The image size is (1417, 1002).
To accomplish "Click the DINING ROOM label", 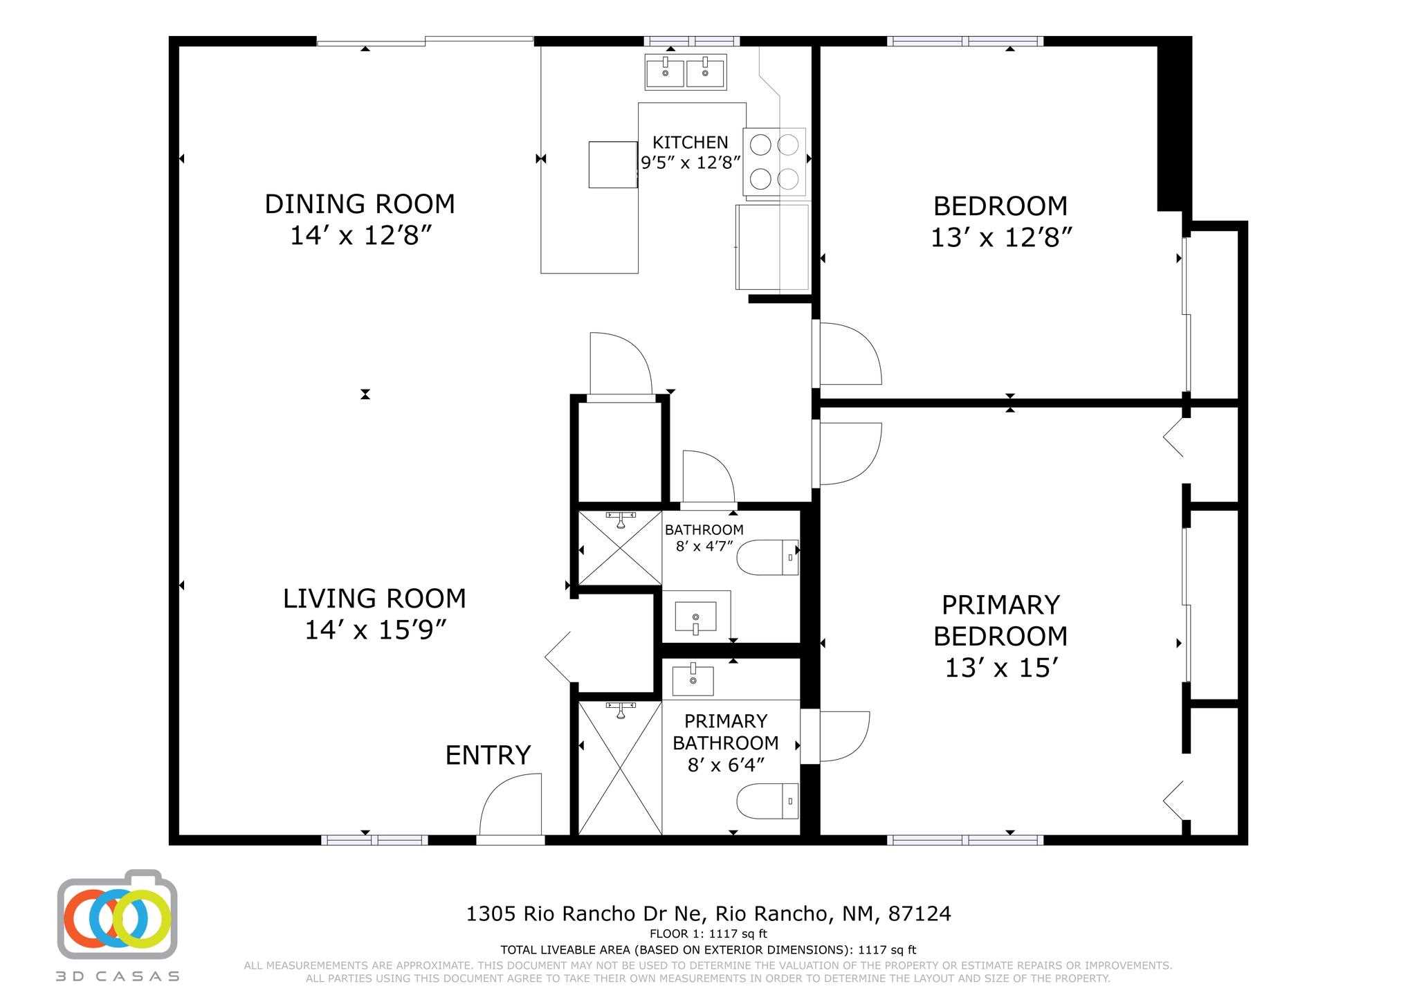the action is (x=360, y=204).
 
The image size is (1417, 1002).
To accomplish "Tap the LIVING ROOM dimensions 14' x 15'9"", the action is (x=374, y=630).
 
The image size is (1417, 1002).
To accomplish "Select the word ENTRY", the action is (x=488, y=755).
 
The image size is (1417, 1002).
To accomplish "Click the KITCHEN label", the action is (x=691, y=143).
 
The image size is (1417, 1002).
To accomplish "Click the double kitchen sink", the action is (x=686, y=72).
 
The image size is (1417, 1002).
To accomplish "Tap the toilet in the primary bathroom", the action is (x=768, y=801).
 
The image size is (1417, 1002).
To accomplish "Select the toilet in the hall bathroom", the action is (x=768, y=557).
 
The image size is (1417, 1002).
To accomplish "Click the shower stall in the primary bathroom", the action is (x=620, y=768).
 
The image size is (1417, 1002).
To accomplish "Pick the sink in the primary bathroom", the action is (x=693, y=681).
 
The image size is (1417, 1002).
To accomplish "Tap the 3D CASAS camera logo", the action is (x=117, y=914).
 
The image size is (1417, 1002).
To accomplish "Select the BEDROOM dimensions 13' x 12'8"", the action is (x=1001, y=238).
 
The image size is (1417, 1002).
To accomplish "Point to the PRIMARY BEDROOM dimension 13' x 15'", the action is (x=1002, y=668).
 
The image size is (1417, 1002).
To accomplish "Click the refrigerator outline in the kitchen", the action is (x=771, y=247).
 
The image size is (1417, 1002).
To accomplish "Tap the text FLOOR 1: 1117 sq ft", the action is (x=708, y=933).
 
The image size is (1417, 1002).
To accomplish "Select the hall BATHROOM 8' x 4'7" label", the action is (x=704, y=538).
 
